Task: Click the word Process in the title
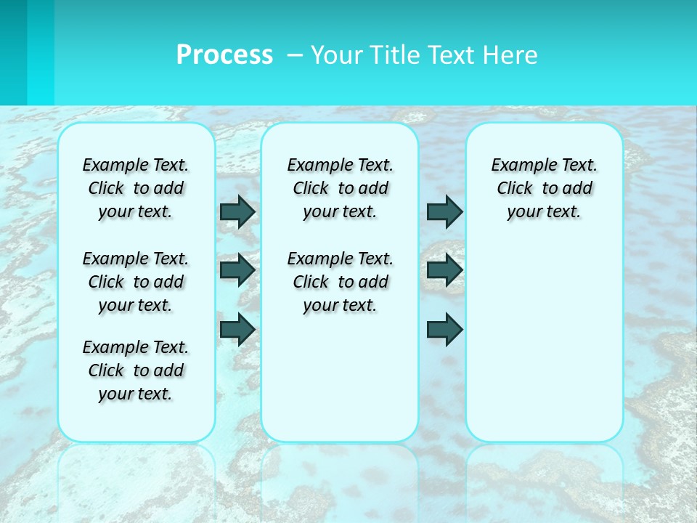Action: (224, 55)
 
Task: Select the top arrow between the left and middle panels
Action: (237, 211)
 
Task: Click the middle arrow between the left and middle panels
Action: (237, 270)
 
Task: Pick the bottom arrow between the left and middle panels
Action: (237, 329)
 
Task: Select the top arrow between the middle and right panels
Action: (444, 211)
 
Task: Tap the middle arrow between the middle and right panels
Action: (444, 270)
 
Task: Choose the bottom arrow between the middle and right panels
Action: (444, 329)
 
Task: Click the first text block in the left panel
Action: (136, 188)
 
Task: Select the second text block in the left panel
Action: (136, 282)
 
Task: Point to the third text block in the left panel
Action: (136, 370)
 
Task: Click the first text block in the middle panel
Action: (340, 188)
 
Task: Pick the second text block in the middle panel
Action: (340, 282)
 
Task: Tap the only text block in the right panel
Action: (544, 188)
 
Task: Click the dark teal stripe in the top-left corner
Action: (13, 52)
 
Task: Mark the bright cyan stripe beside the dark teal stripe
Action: (41, 52)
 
